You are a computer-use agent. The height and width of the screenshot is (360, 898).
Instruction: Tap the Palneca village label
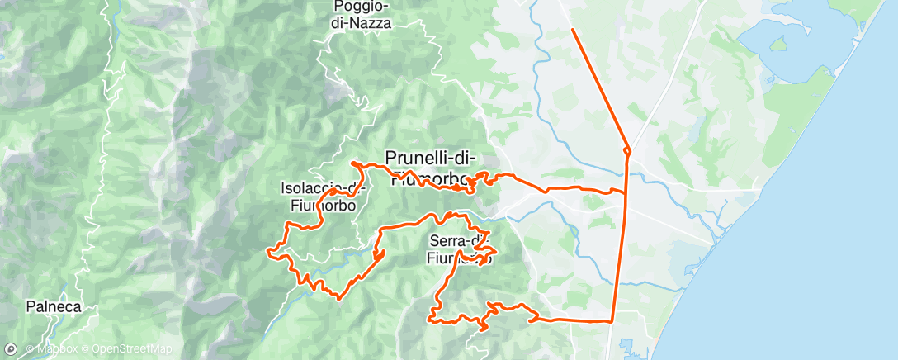53,306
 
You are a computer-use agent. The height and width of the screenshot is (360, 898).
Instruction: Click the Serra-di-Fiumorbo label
460,250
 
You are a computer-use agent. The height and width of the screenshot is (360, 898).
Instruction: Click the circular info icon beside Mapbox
12,349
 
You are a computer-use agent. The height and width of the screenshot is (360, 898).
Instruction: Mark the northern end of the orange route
572,30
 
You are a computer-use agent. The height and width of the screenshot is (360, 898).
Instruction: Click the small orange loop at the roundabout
627,151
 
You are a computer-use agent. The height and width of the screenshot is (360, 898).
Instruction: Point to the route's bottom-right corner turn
612,320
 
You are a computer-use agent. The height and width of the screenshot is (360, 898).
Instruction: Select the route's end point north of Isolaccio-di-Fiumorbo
353,163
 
